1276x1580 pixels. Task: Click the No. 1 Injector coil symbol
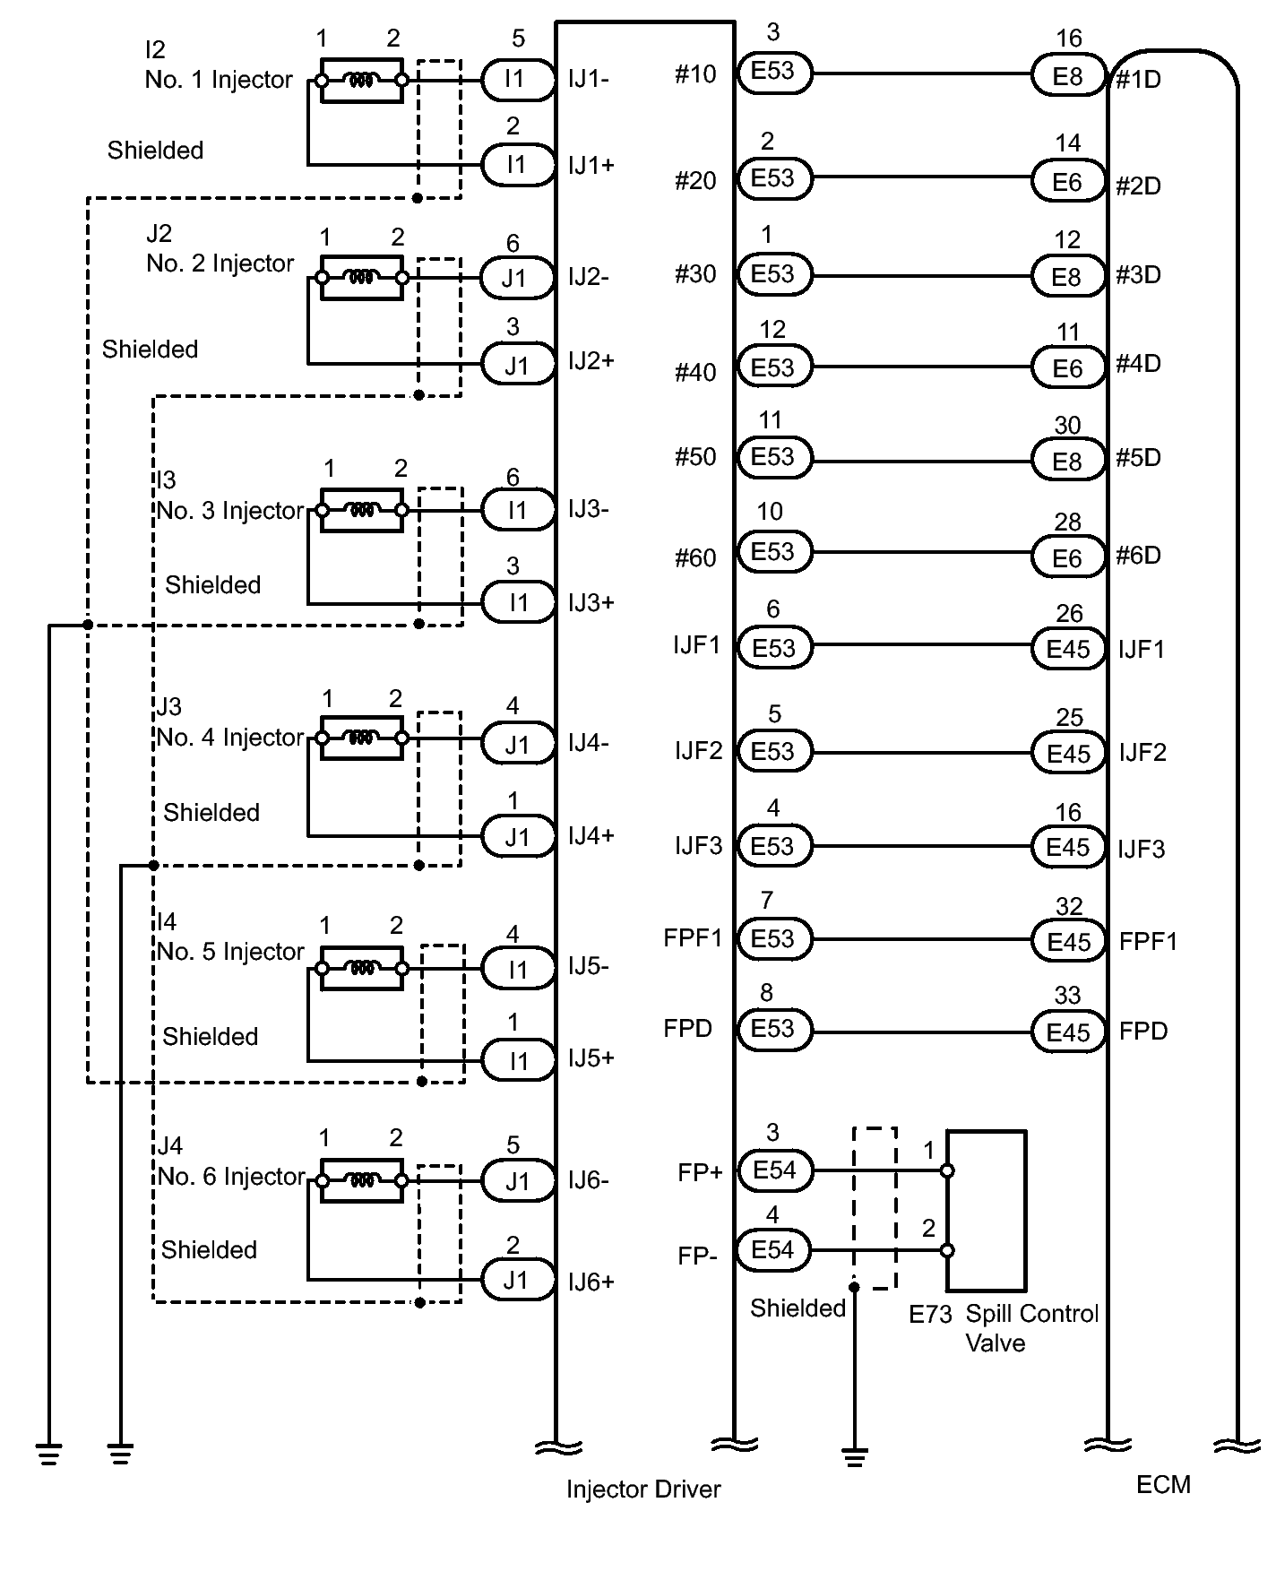tap(361, 81)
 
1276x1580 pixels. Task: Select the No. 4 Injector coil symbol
tap(361, 738)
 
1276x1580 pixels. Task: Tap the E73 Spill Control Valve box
tap(987, 1211)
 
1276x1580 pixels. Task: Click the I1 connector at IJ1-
tap(518, 79)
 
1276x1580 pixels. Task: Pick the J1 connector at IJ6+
tap(518, 1280)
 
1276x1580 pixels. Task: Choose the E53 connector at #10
tap(774, 71)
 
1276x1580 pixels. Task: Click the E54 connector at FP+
tap(774, 1170)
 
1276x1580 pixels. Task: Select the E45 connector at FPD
tap(1068, 1032)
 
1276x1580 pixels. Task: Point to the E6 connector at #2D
tap(1068, 183)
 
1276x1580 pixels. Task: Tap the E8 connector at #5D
tap(1068, 462)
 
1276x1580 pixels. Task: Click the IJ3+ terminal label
tap(591, 602)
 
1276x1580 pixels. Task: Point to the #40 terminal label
tap(695, 372)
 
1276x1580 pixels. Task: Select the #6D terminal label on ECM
tap(1139, 556)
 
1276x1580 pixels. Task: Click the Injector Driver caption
tap(643, 1489)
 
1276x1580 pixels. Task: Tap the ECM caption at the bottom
tap(1163, 1485)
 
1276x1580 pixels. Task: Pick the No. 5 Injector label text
tap(231, 952)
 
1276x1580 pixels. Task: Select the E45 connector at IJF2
tap(1068, 753)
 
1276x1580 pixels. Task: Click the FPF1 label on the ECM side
tap(1148, 941)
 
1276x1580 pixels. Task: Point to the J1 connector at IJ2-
tap(518, 278)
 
